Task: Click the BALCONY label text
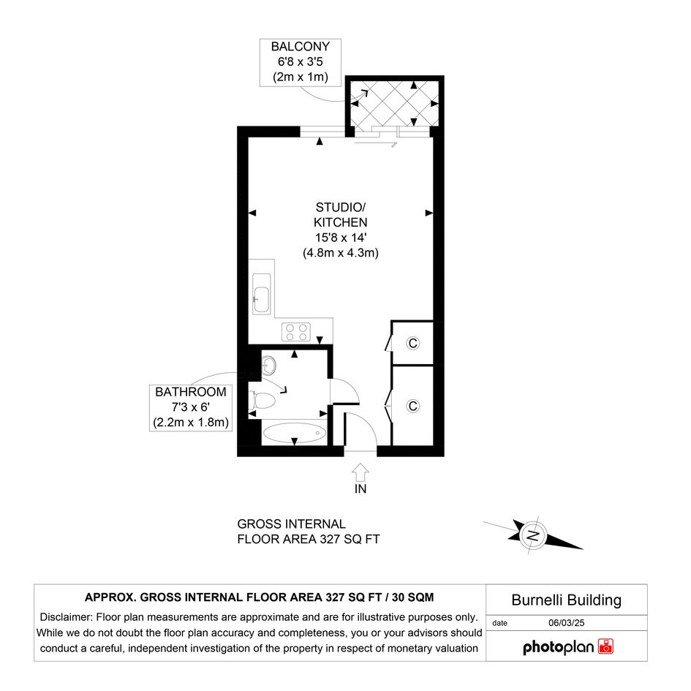[x=300, y=46]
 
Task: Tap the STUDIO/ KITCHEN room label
[x=341, y=215]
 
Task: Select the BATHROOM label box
[x=191, y=407]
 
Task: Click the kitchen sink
[x=261, y=294]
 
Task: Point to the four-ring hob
[x=296, y=332]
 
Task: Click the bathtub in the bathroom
[x=295, y=433]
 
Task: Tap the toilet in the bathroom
[x=263, y=401]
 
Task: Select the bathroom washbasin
[x=268, y=366]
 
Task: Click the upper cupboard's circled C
[x=413, y=343]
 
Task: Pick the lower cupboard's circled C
[x=413, y=406]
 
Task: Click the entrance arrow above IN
[x=360, y=472]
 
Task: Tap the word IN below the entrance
[x=360, y=488]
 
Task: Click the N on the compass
[x=533, y=536]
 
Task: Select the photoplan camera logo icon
[x=606, y=646]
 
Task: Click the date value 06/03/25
[x=566, y=623]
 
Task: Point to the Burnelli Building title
[x=566, y=600]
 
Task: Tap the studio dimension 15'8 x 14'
[x=341, y=238]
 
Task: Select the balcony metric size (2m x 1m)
[x=300, y=77]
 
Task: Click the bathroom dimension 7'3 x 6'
[x=191, y=407]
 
